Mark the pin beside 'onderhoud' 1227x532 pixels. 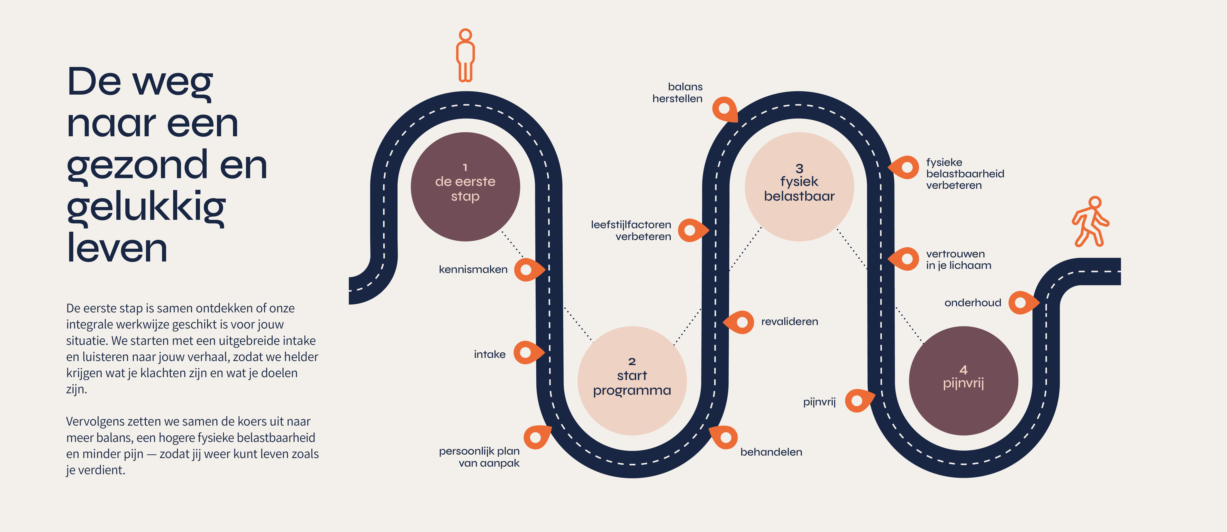tap(1022, 303)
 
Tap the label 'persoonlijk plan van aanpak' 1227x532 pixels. tap(479, 457)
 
